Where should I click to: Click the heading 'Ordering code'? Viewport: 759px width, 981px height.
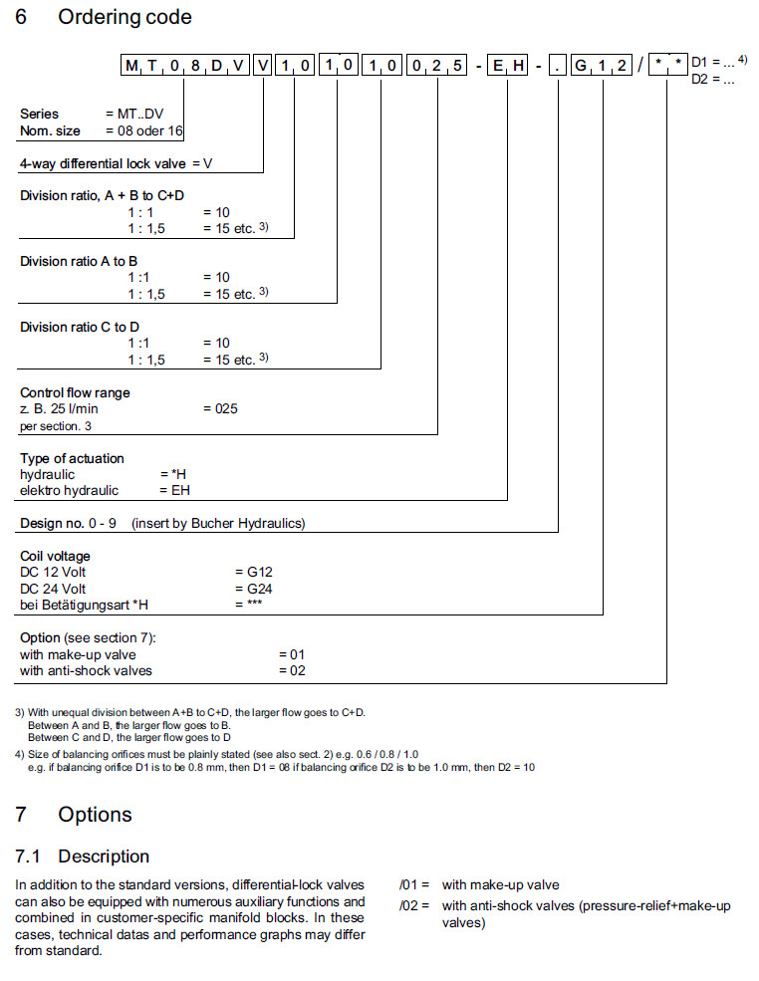(x=125, y=18)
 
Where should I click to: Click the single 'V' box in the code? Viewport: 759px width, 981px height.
(x=262, y=67)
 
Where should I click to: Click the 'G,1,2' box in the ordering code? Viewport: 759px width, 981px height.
(x=602, y=67)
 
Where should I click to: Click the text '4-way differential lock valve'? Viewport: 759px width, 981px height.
(x=105, y=163)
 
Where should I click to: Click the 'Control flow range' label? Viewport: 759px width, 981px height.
(x=75, y=392)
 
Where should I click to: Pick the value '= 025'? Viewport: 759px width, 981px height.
(x=220, y=408)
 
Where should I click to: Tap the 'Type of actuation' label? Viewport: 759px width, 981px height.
(x=72, y=458)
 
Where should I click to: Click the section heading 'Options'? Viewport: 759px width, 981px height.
(x=95, y=815)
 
